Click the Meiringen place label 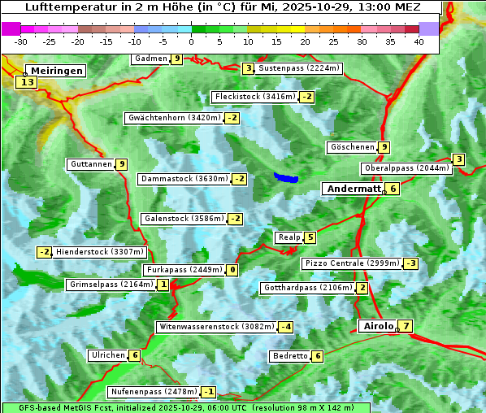point(54,71)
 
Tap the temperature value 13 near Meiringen point(27,82)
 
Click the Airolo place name point(378,326)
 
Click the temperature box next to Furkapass point(232,270)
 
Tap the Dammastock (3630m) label point(183,179)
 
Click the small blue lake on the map point(286,177)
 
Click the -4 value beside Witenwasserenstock point(285,327)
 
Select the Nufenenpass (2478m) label point(153,392)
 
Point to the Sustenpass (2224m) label point(293,68)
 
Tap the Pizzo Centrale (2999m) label point(351,263)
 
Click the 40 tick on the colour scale point(419,41)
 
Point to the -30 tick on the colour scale point(21,41)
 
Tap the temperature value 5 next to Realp point(310,237)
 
